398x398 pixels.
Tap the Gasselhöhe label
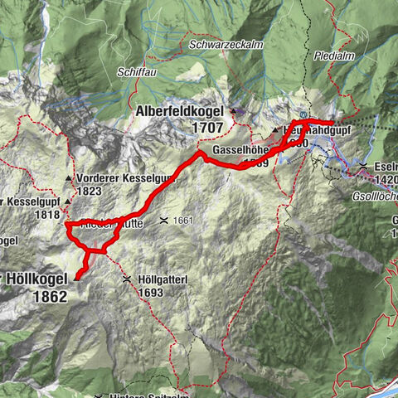tap(240, 148)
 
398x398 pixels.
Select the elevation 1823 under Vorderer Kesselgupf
tap(90, 192)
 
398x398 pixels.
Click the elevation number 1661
tap(185, 221)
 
